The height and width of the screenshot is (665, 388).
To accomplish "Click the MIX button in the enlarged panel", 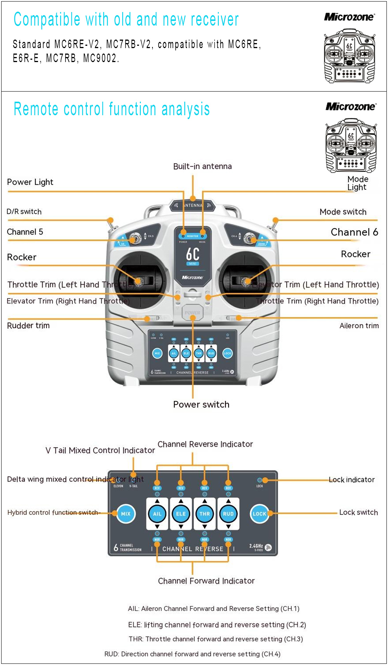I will pyautogui.click(x=126, y=514).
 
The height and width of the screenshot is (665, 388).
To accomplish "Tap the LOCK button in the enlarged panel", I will pyautogui.click(x=259, y=514).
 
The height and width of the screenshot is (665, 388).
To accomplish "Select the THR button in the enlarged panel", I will pyautogui.click(x=204, y=514).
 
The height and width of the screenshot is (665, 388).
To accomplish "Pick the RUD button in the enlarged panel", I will pyautogui.click(x=228, y=514).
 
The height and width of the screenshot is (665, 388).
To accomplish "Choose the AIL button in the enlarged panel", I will pyautogui.click(x=157, y=514).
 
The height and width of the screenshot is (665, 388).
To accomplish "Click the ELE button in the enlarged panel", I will pyautogui.click(x=181, y=514).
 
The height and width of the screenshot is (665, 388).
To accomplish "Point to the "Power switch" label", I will pyautogui.click(x=201, y=404).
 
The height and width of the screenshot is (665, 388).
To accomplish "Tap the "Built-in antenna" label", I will pyautogui.click(x=202, y=166).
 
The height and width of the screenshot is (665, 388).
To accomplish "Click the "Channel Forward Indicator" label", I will pyautogui.click(x=206, y=581).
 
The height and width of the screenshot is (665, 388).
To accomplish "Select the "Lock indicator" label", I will pyautogui.click(x=352, y=480).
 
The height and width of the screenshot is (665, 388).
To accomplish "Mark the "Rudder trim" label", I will pyautogui.click(x=28, y=326).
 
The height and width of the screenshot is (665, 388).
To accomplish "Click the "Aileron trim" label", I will pyautogui.click(x=359, y=326).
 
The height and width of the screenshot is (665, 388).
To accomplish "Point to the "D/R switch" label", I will pyautogui.click(x=24, y=211).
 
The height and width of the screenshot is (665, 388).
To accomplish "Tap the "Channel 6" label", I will pyautogui.click(x=354, y=232).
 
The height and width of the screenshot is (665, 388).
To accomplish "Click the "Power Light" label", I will pyautogui.click(x=30, y=182).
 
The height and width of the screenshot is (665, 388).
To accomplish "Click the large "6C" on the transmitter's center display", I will pyautogui.click(x=193, y=254).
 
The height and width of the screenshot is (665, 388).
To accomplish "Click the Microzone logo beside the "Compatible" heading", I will pyautogui.click(x=349, y=17).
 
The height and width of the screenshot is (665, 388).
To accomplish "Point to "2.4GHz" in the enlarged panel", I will pyautogui.click(x=256, y=546).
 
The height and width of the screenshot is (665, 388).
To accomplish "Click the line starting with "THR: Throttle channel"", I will pyautogui.click(x=216, y=639).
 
